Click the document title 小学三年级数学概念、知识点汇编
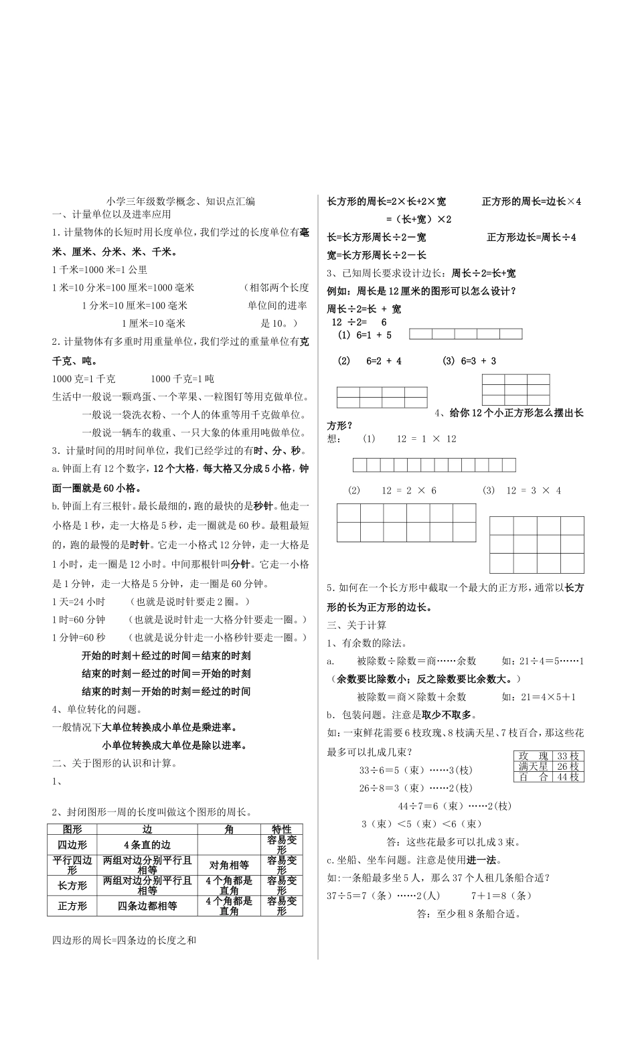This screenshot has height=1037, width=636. pyautogui.click(x=180, y=201)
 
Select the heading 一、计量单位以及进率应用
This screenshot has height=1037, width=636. pyautogui.click(x=112, y=214)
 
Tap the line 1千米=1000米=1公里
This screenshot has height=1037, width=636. pyautogui.click(x=99, y=270)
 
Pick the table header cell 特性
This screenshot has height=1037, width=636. pyautogui.click(x=281, y=829)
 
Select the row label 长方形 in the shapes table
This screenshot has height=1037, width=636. pyautogui.click(x=72, y=885)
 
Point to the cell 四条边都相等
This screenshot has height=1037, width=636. pyautogui.click(x=147, y=906)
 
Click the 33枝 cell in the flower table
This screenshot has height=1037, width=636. pyautogui.click(x=568, y=756)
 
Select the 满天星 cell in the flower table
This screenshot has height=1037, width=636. pyautogui.click(x=534, y=767)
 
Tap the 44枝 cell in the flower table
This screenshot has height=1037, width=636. pyautogui.click(x=568, y=777)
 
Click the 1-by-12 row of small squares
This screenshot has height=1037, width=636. pyautogui.click(x=434, y=465)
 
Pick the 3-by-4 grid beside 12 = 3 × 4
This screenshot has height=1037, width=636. pyautogui.click(x=536, y=544)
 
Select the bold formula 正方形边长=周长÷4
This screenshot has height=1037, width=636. pyautogui.click(x=531, y=237)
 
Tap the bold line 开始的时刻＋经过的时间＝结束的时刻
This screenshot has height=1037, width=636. pyautogui.click(x=166, y=655)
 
